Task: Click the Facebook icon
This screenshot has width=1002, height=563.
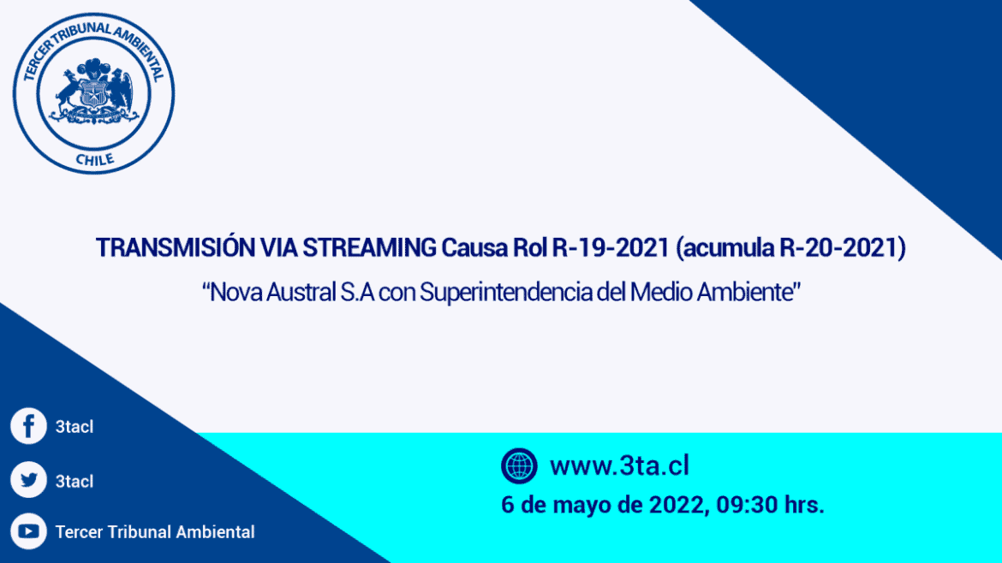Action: (29, 426)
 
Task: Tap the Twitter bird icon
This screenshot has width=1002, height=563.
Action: (29, 479)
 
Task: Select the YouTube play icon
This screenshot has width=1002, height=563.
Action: (29, 531)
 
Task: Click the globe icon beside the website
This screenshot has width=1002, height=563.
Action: (519, 465)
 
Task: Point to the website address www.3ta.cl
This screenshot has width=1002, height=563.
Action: (619, 465)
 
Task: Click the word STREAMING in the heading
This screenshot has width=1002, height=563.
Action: (369, 247)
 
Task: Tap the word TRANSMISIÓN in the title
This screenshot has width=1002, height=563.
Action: (175, 247)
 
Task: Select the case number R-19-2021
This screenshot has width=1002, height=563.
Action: (611, 247)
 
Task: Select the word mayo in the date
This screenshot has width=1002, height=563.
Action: (580, 506)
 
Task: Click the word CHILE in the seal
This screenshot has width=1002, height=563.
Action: (94, 159)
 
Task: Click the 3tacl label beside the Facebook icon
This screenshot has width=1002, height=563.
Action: (75, 426)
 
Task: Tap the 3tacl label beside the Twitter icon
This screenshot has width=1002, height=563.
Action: (75, 481)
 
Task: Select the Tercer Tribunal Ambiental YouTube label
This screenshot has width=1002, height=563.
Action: (155, 531)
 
